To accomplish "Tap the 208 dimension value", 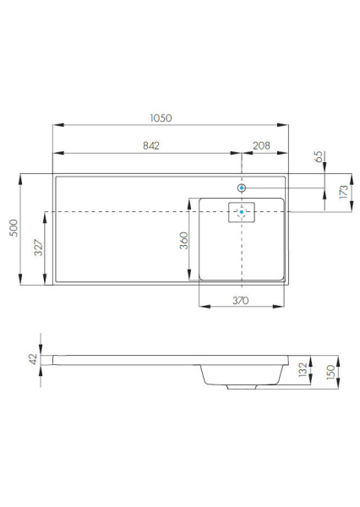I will [x=261, y=145].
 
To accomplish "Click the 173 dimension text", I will [x=341, y=192].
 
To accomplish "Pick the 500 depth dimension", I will [x=12, y=229].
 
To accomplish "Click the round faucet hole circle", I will [x=243, y=188].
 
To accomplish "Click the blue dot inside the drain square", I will [x=242, y=212].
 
